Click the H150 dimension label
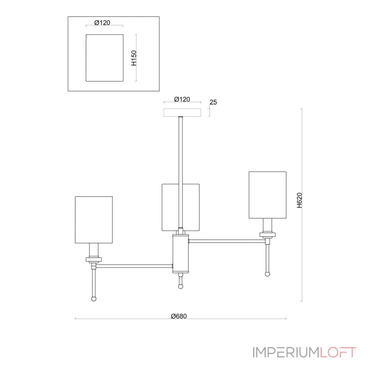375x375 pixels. coord(134,58)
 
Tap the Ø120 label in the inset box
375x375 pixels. coord(102,22)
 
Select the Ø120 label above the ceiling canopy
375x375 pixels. coord(182,99)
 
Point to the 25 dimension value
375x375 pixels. coord(213,102)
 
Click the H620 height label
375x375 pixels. coord(300,200)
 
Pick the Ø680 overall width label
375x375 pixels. coord(179,316)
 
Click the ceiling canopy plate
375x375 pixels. coord(182,112)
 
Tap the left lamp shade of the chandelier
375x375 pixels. coord(94,220)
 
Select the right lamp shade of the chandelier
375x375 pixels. coord(267,195)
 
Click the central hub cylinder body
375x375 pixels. coord(180,254)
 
